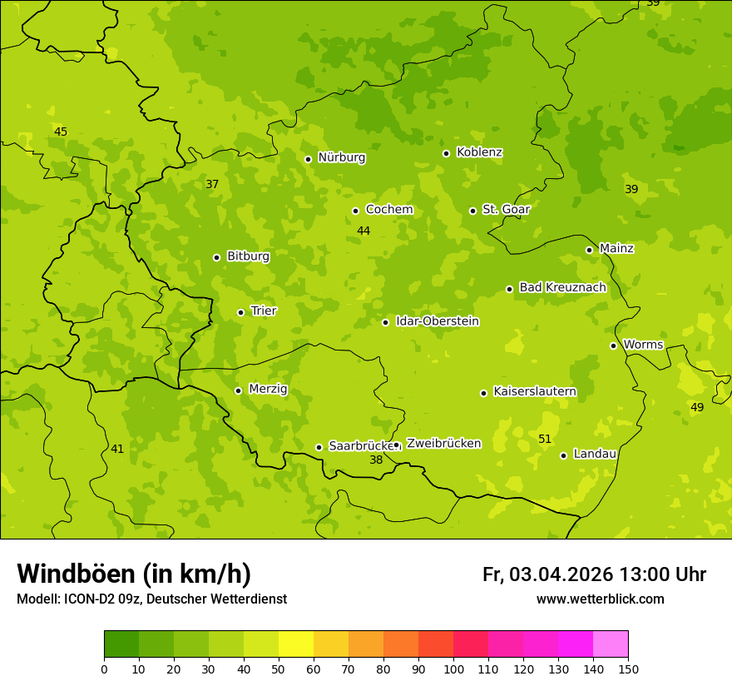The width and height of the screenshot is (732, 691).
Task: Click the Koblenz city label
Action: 479,152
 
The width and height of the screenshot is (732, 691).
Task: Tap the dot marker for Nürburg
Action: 308,159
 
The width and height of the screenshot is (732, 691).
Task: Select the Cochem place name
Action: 389,210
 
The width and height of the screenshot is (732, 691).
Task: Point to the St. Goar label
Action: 506,210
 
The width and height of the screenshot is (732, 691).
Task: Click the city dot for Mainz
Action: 589,250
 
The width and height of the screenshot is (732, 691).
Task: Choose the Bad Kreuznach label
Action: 562,287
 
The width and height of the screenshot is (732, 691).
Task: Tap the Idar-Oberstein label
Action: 438,321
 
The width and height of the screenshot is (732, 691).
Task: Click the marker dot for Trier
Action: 241,313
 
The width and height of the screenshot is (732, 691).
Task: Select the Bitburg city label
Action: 248,256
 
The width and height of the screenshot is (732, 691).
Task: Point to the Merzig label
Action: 268,389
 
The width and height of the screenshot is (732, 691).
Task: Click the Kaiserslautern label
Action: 535,391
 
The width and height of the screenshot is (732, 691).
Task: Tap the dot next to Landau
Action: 563,455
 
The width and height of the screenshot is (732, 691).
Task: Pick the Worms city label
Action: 643,345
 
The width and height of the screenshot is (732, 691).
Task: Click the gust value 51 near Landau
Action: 545,439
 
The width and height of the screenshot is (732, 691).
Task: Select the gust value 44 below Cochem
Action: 364,231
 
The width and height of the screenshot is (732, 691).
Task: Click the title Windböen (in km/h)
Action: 134,574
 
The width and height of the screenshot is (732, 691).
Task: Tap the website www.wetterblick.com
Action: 600,599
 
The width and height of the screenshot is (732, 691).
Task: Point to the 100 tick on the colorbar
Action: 453,669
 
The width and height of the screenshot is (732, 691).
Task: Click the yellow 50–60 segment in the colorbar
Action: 296,644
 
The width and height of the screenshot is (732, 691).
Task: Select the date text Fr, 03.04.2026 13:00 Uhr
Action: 594,574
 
